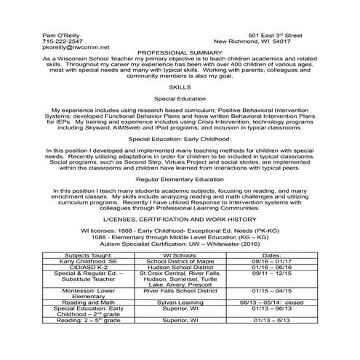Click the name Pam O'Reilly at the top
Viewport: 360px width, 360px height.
click(61, 35)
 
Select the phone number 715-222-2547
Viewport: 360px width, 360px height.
click(63, 41)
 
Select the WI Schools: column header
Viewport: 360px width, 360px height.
click(179, 255)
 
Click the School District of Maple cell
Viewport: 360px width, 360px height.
click(179, 261)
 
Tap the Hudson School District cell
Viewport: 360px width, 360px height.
click(179, 267)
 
